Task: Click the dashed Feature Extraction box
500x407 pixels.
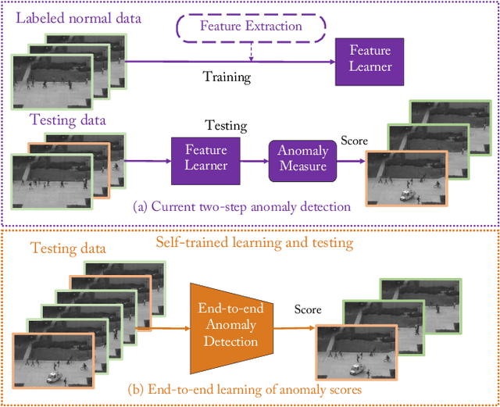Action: click(251, 27)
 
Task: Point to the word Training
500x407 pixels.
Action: click(227, 77)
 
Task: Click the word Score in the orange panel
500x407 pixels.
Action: click(307, 309)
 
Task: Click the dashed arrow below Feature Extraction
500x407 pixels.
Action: click(249, 49)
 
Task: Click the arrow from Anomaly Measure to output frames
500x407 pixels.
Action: click(348, 162)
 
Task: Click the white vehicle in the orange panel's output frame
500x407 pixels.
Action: click(355, 370)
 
